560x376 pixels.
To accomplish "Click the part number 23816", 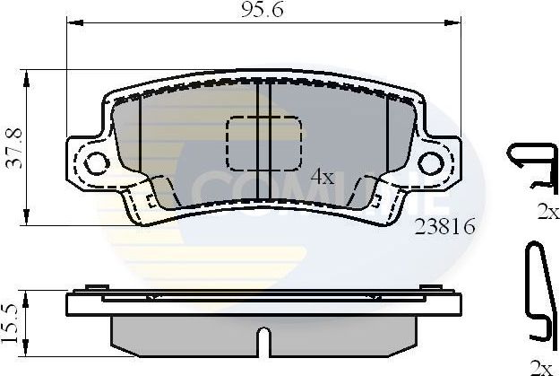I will pyautogui.click(x=444, y=228).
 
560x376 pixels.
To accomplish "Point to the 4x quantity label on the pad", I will pyautogui.click(x=321, y=177).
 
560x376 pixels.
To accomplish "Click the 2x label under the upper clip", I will pyautogui.click(x=547, y=214).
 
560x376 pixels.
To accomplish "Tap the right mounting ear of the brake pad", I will pyautogui.click(x=436, y=162).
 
